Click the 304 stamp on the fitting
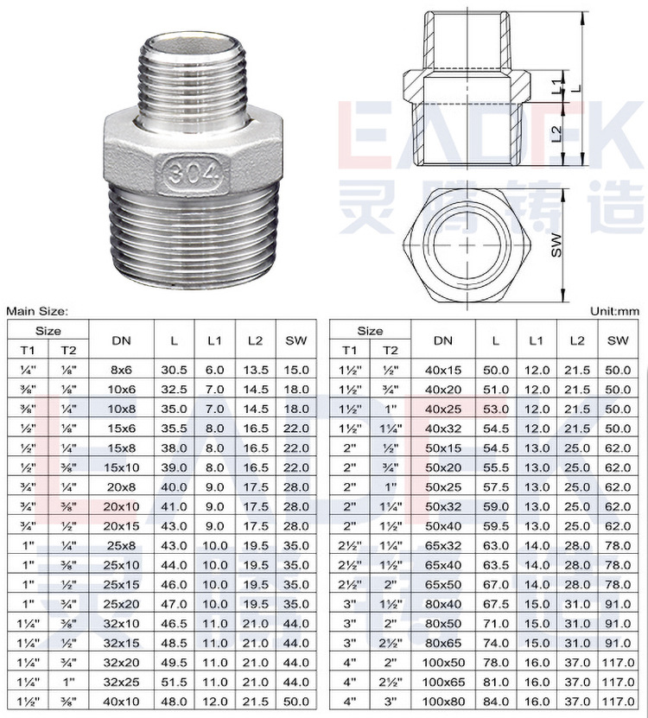pyautogui.click(x=193, y=173)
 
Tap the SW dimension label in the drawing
pyautogui.click(x=556, y=245)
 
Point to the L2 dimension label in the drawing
pyautogui.click(x=556, y=133)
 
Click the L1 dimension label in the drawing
pyautogui.click(x=556, y=86)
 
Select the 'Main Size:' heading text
pyautogui.click(x=37, y=311)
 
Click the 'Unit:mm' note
pyautogui.click(x=614, y=311)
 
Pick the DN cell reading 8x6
pyautogui.click(x=121, y=370)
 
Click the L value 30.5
pyautogui.click(x=174, y=370)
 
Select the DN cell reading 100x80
pyautogui.click(x=443, y=702)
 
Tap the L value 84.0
pyautogui.click(x=496, y=702)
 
